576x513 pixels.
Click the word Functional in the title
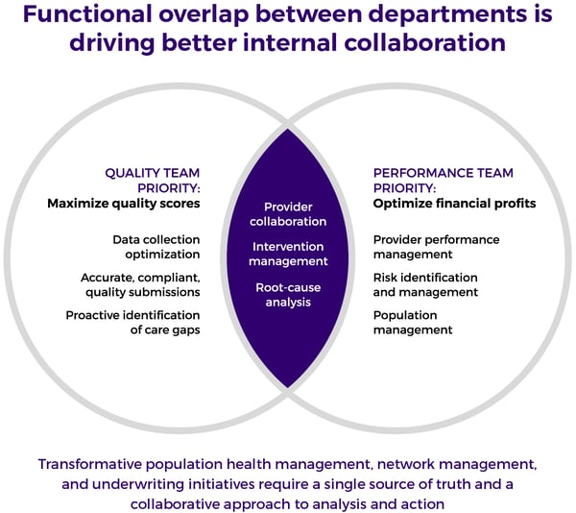tap(87, 14)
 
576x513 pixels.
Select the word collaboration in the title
tap(424, 42)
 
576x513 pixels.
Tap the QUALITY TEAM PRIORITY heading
tap(153, 181)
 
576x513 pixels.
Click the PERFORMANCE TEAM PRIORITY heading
tap(443, 181)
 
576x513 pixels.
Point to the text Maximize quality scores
tap(124, 204)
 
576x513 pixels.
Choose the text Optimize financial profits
tap(454, 204)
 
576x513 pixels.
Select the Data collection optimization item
tap(156, 247)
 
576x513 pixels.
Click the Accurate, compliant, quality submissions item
tap(140, 284)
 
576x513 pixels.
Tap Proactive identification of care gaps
tap(133, 323)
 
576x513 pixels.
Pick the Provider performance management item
tap(437, 247)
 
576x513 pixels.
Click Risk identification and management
tap(425, 284)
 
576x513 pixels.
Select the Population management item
tap(413, 323)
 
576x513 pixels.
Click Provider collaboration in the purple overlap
tap(288, 214)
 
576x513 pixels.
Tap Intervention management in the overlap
tap(288, 254)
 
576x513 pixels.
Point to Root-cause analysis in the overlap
tap(288, 295)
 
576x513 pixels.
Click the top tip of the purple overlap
tap(288, 129)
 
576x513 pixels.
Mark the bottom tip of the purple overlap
tap(288, 387)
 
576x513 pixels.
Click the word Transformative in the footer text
tap(90, 464)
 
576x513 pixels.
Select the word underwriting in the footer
tap(137, 485)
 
